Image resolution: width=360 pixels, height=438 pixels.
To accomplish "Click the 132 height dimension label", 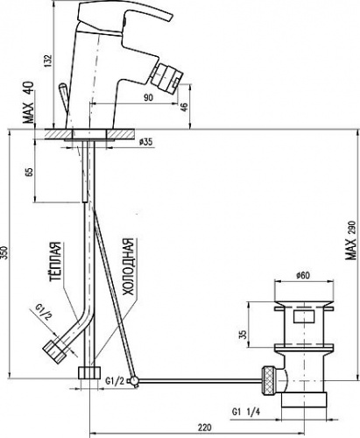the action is point(48,60).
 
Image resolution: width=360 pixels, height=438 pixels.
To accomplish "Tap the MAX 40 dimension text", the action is point(29,102).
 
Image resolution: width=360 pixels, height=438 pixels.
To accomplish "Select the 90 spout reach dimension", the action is point(148,97).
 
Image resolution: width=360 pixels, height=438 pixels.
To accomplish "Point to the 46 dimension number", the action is point(184,107).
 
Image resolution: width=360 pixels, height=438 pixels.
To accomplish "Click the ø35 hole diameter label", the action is point(145,142).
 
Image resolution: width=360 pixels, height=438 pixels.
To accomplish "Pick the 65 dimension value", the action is point(29,171).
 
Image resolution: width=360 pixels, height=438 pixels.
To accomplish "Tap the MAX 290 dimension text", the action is point(350,240).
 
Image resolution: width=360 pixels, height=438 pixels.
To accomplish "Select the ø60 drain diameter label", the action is point(303,275).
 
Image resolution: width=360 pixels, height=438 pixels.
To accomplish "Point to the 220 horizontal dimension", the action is point(204,427).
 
